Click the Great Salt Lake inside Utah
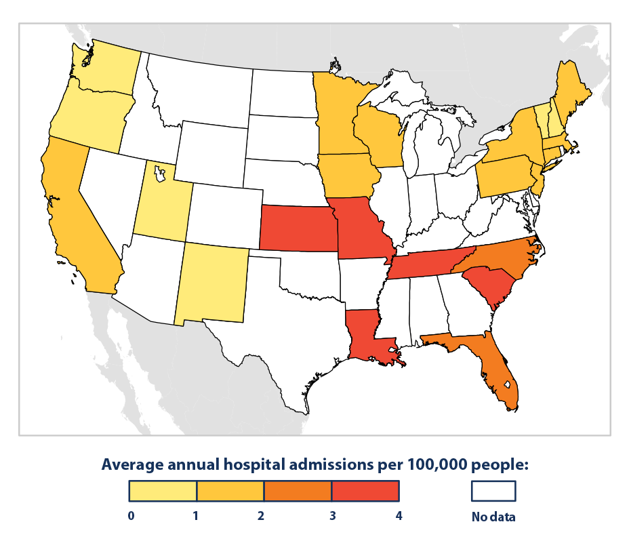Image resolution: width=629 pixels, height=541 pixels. [x=160, y=176]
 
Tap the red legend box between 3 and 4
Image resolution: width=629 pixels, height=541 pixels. [x=365, y=490]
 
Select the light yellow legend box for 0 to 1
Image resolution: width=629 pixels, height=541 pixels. [x=163, y=490]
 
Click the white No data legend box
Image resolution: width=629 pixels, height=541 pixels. [x=493, y=490]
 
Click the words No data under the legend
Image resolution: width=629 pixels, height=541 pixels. [x=493, y=517]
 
